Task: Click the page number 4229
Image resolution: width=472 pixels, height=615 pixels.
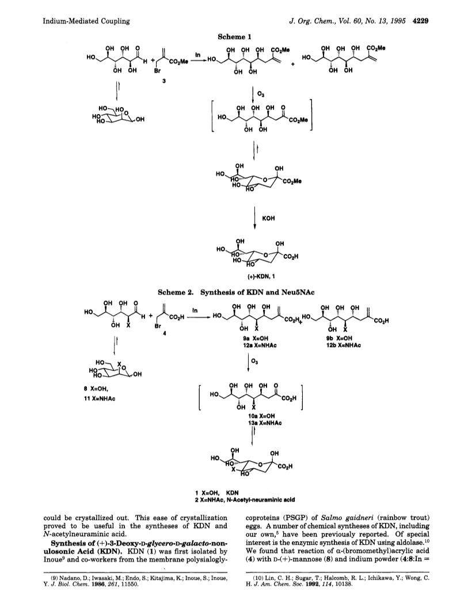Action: [x=420, y=21]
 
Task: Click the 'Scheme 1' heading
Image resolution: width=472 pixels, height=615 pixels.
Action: [x=234, y=36]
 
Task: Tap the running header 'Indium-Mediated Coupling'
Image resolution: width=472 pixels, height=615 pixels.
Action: [x=86, y=21]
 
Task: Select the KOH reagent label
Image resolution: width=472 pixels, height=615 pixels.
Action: [x=269, y=218]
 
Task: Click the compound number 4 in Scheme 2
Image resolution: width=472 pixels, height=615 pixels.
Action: [x=159, y=335]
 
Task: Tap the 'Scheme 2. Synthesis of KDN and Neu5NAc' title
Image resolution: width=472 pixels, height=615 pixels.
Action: [x=237, y=292]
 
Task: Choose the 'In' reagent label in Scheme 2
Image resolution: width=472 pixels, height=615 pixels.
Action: [x=195, y=310]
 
